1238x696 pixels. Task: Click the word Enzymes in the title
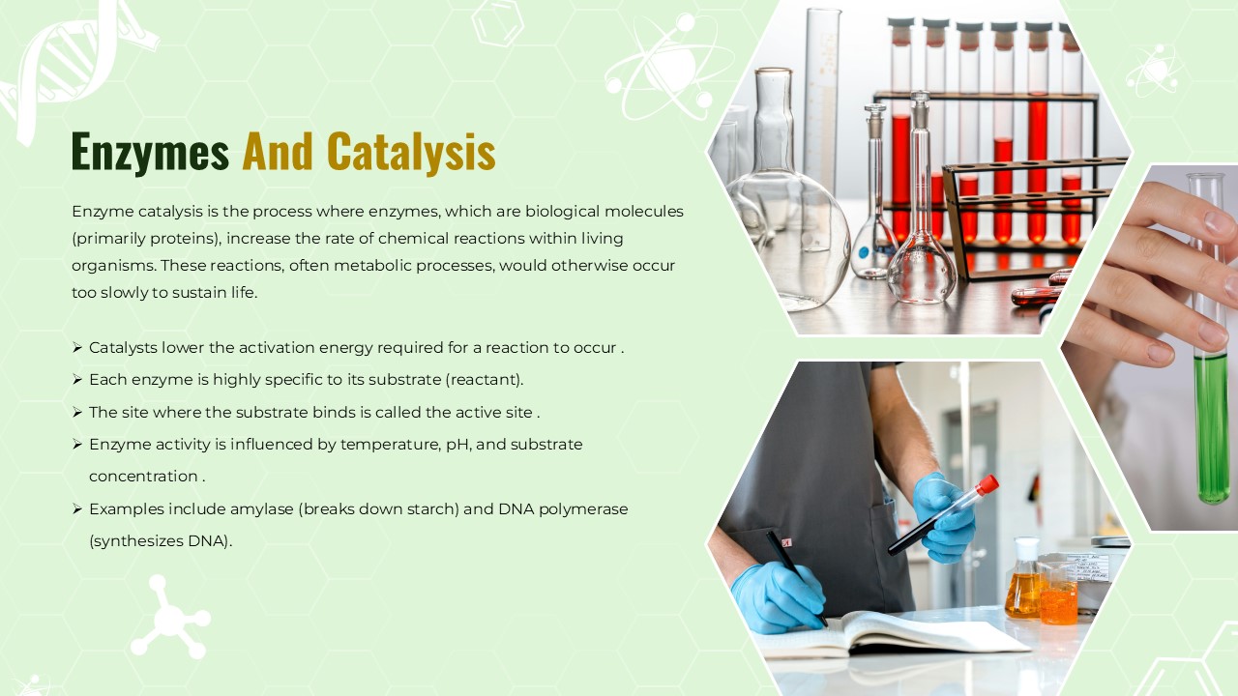[150, 152]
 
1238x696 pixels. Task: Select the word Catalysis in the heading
[411, 152]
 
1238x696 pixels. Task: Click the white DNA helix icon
[77, 67]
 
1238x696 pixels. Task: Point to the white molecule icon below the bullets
[171, 618]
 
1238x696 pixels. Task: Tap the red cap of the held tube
[987, 485]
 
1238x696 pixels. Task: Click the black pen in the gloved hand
[796, 577]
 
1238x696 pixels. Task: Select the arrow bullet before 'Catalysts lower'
[77, 347]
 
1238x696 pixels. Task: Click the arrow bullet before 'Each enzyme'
[77, 380]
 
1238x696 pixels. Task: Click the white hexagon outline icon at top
[497, 24]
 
